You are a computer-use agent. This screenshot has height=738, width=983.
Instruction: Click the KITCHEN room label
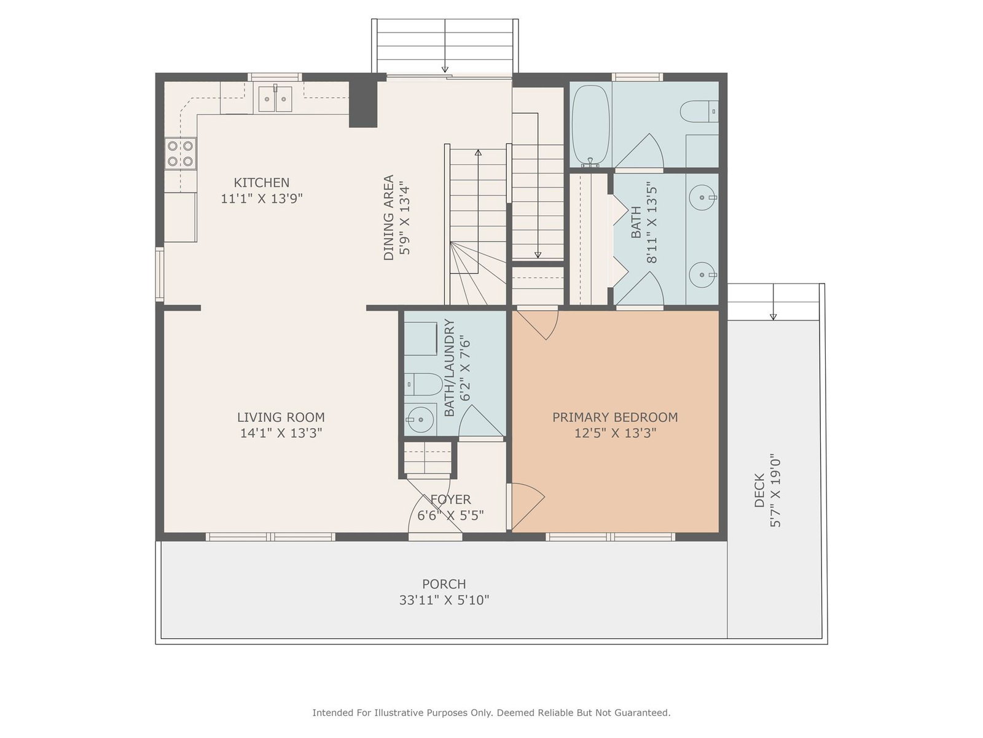262,183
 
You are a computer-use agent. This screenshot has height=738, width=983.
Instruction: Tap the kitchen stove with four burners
180,154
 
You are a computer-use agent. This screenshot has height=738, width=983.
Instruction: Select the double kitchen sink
275,98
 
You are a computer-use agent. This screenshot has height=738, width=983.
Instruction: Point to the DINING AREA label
388,217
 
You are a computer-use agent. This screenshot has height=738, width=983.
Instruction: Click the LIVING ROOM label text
281,417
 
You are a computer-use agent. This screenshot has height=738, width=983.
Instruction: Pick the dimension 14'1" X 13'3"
281,434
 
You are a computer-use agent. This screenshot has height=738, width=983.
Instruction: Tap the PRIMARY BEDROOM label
615,417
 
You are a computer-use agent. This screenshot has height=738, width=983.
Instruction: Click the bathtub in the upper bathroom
590,126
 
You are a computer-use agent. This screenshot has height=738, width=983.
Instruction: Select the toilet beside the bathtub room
699,111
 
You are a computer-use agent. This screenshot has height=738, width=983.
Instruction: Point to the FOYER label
450,499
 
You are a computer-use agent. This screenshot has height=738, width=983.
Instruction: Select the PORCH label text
444,584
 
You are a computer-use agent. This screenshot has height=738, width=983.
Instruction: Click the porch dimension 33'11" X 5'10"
444,600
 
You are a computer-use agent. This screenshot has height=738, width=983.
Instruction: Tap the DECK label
759,490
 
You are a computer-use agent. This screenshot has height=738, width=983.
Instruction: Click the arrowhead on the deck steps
773,317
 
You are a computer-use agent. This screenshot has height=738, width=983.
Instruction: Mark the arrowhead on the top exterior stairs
445,69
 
